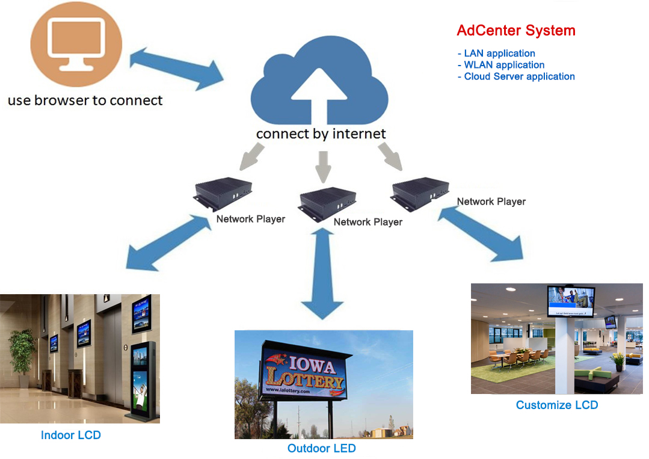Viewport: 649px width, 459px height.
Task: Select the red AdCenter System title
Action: [x=516, y=31]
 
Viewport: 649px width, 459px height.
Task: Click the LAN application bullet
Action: [x=496, y=53]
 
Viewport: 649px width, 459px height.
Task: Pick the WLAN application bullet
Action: [x=501, y=65]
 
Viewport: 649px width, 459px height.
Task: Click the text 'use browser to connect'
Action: [x=85, y=100]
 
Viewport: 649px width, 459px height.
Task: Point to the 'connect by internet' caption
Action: [x=321, y=134]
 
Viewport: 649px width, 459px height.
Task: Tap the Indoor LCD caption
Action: [x=71, y=435]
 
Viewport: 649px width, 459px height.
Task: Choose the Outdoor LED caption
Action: [x=322, y=448]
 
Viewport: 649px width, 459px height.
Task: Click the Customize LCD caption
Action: [x=557, y=405]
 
